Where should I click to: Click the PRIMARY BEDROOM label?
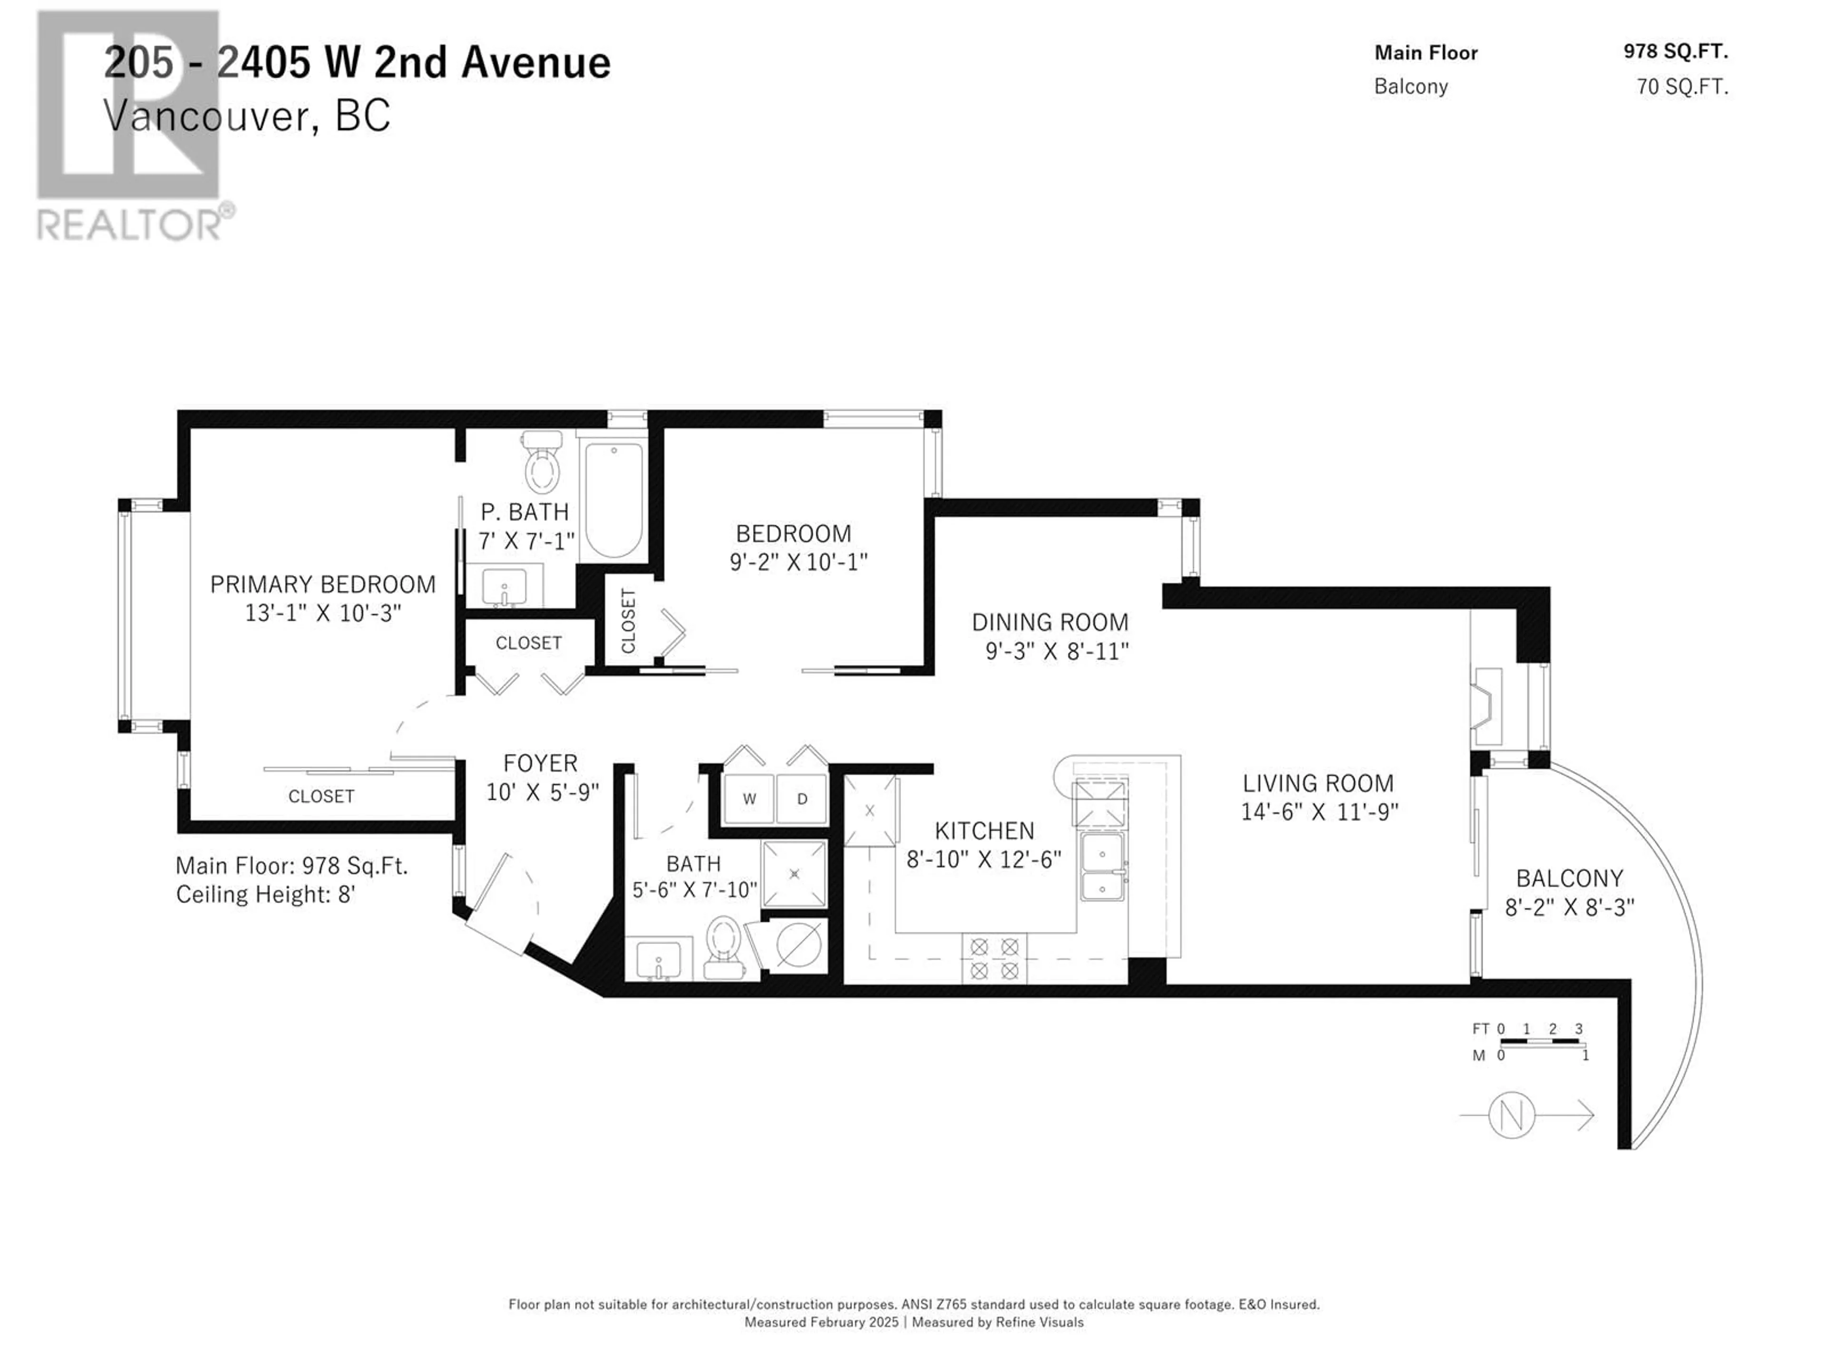pyautogui.click(x=323, y=584)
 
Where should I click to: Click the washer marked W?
pyautogui.click(x=749, y=799)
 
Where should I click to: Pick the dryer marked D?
pyautogui.click(x=802, y=799)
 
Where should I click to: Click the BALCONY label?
pyautogui.click(x=1569, y=878)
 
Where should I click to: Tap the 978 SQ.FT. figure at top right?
pyautogui.click(x=1675, y=51)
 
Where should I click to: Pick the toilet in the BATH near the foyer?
pyautogui.click(x=723, y=946)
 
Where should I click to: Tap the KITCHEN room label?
pyautogui.click(x=984, y=830)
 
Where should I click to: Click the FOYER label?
pyautogui.click(x=541, y=763)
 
